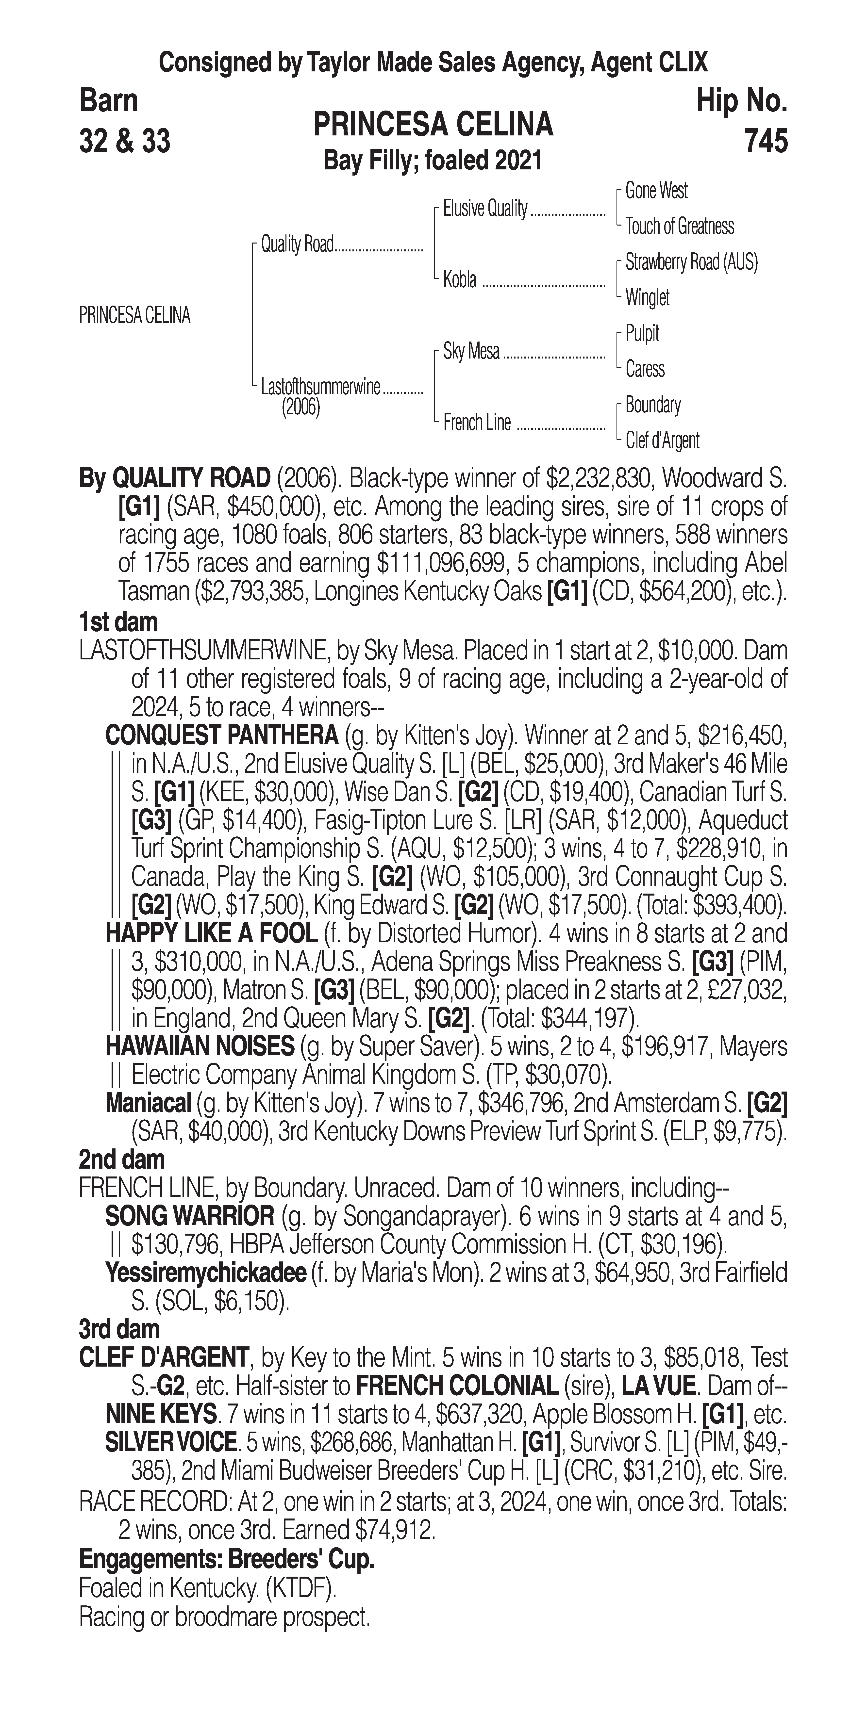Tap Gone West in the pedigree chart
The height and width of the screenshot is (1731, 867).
click(x=656, y=191)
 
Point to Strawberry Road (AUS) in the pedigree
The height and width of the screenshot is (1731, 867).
click(x=691, y=262)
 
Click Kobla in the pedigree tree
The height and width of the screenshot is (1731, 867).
click(x=460, y=279)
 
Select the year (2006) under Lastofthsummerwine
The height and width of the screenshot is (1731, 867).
click(x=300, y=408)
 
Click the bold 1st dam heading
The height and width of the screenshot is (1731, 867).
click(x=118, y=621)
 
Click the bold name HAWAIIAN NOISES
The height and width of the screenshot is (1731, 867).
click(x=200, y=1046)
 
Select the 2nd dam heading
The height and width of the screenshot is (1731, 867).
click(x=121, y=1159)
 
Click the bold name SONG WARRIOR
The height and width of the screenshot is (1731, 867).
click(x=189, y=1216)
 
